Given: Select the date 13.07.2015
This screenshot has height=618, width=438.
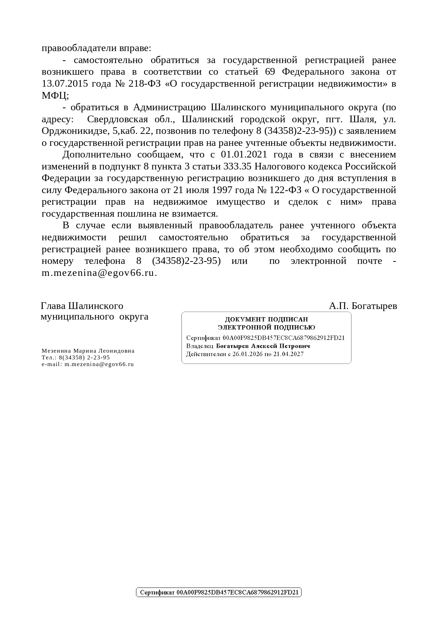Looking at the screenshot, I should coord(65,84).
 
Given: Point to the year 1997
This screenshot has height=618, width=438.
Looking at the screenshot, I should coord(222,190).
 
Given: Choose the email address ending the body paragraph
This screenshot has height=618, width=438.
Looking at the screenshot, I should coord(99,273).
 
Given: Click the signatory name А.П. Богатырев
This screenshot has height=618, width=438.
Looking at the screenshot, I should coord(363,306).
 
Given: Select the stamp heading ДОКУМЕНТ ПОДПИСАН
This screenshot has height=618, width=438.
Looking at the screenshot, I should coord(266,319).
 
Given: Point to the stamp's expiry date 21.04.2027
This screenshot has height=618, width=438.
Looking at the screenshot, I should coord(287,354).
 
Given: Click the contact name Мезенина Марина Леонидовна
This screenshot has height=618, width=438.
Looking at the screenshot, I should coord(88,351).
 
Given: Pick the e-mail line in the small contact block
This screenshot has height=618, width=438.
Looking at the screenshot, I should coord(88,364).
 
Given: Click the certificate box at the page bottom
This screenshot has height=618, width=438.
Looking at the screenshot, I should coord(219,592).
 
